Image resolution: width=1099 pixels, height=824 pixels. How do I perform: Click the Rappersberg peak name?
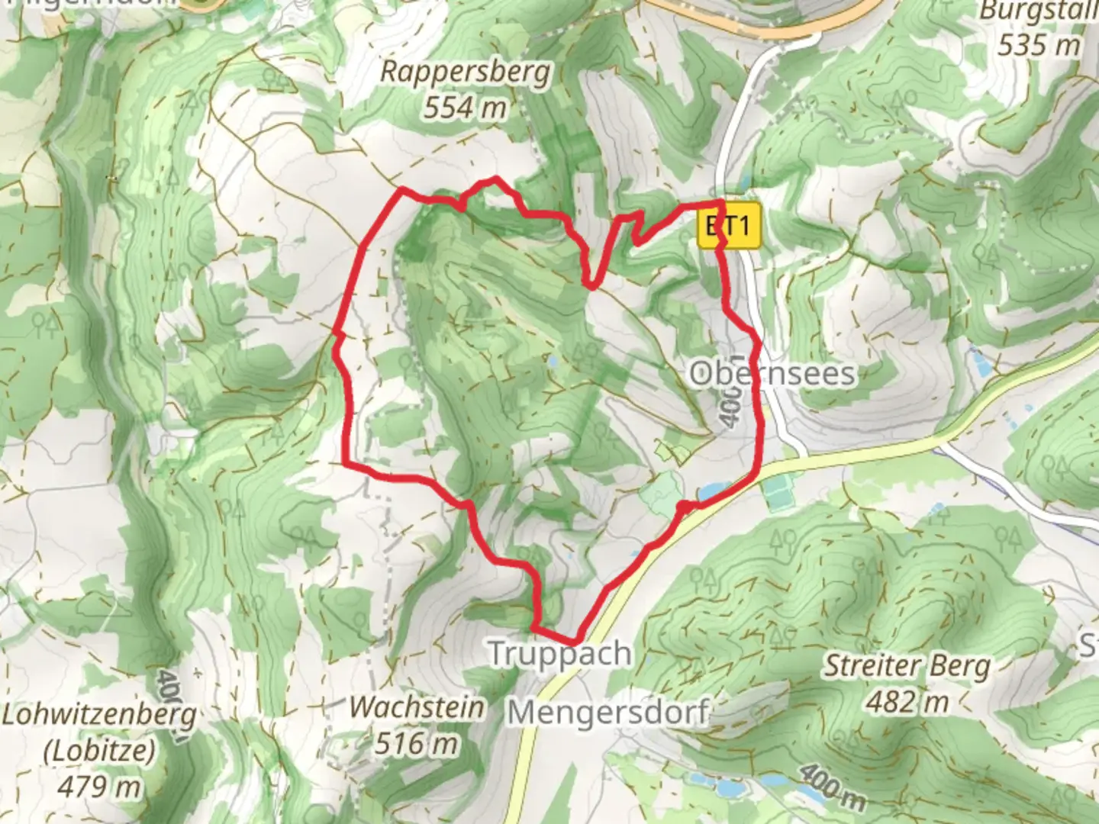point(465,73)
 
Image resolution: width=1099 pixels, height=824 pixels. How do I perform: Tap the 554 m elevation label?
point(465,108)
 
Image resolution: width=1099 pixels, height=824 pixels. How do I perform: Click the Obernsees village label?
point(772,374)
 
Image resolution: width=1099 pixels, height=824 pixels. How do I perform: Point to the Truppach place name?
point(559,654)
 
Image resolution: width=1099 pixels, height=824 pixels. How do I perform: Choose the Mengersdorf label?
point(609,713)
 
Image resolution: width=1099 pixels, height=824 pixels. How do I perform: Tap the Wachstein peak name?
point(417,707)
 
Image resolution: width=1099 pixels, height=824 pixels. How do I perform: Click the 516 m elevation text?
point(417,742)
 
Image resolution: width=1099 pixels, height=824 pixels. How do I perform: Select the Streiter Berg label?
point(907,667)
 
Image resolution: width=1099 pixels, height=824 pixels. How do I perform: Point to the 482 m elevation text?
point(907,701)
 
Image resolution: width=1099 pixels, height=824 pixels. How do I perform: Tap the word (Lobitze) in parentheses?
point(99,751)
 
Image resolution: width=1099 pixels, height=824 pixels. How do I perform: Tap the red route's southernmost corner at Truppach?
point(576,640)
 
